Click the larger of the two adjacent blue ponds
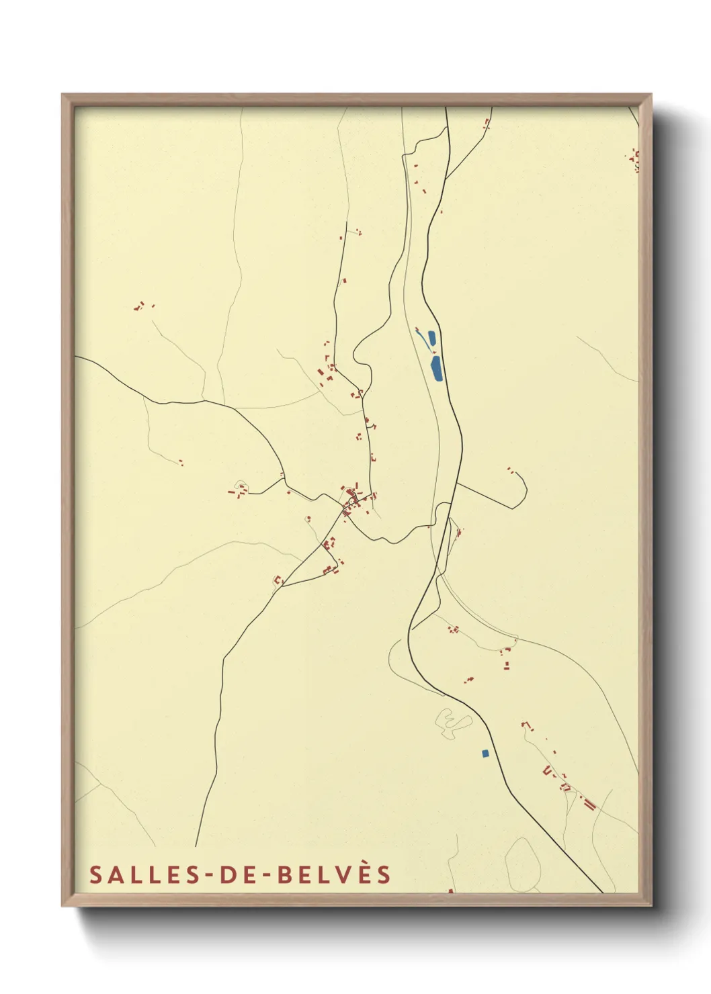tap(437, 369)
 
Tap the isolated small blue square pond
tap(485, 754)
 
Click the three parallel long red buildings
tap(590, 803)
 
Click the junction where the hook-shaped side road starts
tap(457, 483)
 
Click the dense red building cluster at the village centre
tap(352, 498)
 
